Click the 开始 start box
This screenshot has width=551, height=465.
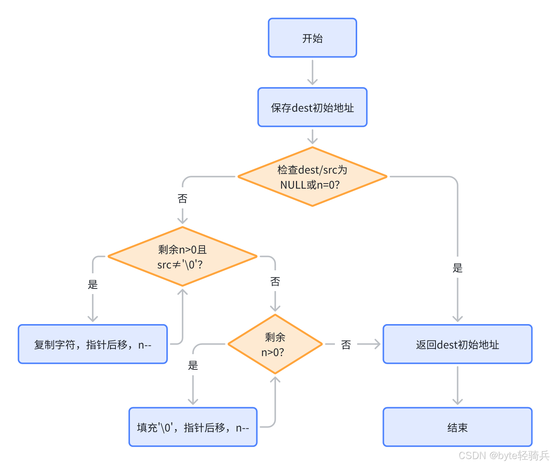point(312,38)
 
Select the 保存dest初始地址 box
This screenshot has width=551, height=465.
point(312,108)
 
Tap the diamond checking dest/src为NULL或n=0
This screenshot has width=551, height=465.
point(312,177)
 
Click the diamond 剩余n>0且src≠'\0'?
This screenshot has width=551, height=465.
point(182,257)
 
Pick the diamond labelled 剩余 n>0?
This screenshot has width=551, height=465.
point(275,344)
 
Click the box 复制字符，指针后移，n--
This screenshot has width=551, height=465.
point(93,344)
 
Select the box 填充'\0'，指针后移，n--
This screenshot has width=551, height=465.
point(193,427)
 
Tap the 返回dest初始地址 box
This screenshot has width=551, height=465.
point(457,344)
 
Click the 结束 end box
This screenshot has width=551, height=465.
point(457,427)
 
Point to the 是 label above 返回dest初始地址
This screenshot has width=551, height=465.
point(457,268)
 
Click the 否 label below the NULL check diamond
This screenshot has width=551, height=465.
point(182,199)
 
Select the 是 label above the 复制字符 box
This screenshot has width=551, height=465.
point(93,284)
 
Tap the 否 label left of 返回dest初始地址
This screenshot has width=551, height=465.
point(346,345)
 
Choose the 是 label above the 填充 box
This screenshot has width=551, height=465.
point(193,365)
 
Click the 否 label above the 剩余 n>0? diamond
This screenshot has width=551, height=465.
point(275,281)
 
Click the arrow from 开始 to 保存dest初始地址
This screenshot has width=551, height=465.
point(312,72)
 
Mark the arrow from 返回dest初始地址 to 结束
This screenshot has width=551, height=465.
point(457,386)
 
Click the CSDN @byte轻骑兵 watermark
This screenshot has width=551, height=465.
point(503,456)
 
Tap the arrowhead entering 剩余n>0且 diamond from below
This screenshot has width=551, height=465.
point(182,292)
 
